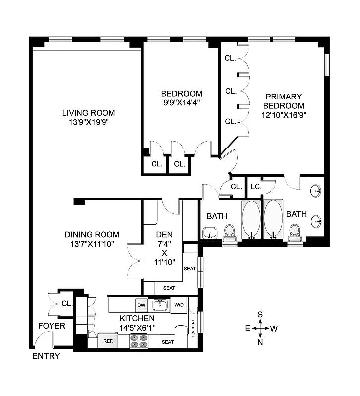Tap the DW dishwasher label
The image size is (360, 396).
(141, 305)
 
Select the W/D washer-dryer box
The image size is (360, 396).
(178, 305)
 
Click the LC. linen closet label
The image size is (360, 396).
(256, 187)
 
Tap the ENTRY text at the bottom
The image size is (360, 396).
(46, 356)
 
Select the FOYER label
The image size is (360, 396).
(52, 326)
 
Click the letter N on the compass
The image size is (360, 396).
(260, 341)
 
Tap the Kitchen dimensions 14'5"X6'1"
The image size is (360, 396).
(137, 327)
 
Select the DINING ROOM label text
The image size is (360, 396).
(92, 234)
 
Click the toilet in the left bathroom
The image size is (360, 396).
(229, 231)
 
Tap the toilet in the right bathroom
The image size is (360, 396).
(295, 231)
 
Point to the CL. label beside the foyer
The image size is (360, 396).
(67, 303)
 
